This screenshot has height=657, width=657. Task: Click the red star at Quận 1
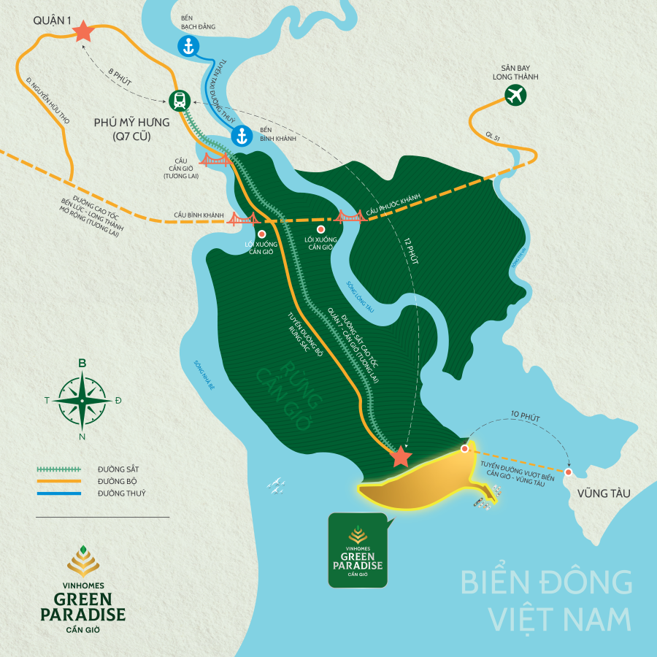pos(82,31)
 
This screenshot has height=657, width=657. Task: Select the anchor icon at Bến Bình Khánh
pos(242,135)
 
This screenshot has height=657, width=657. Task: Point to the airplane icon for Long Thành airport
pos(515,94)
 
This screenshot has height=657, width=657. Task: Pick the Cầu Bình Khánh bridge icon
pos(243,218)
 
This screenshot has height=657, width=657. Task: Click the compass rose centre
pos(82,400)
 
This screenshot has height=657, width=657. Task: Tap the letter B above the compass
pos(82,364)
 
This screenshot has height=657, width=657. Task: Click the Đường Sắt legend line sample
pos(58,468)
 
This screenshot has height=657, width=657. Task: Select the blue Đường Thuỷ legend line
pos(58,493)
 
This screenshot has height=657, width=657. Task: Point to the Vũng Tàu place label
pos(603,493)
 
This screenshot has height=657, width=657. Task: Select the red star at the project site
pos(400,457)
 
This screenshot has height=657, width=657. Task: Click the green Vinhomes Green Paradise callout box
pos(358,550)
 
